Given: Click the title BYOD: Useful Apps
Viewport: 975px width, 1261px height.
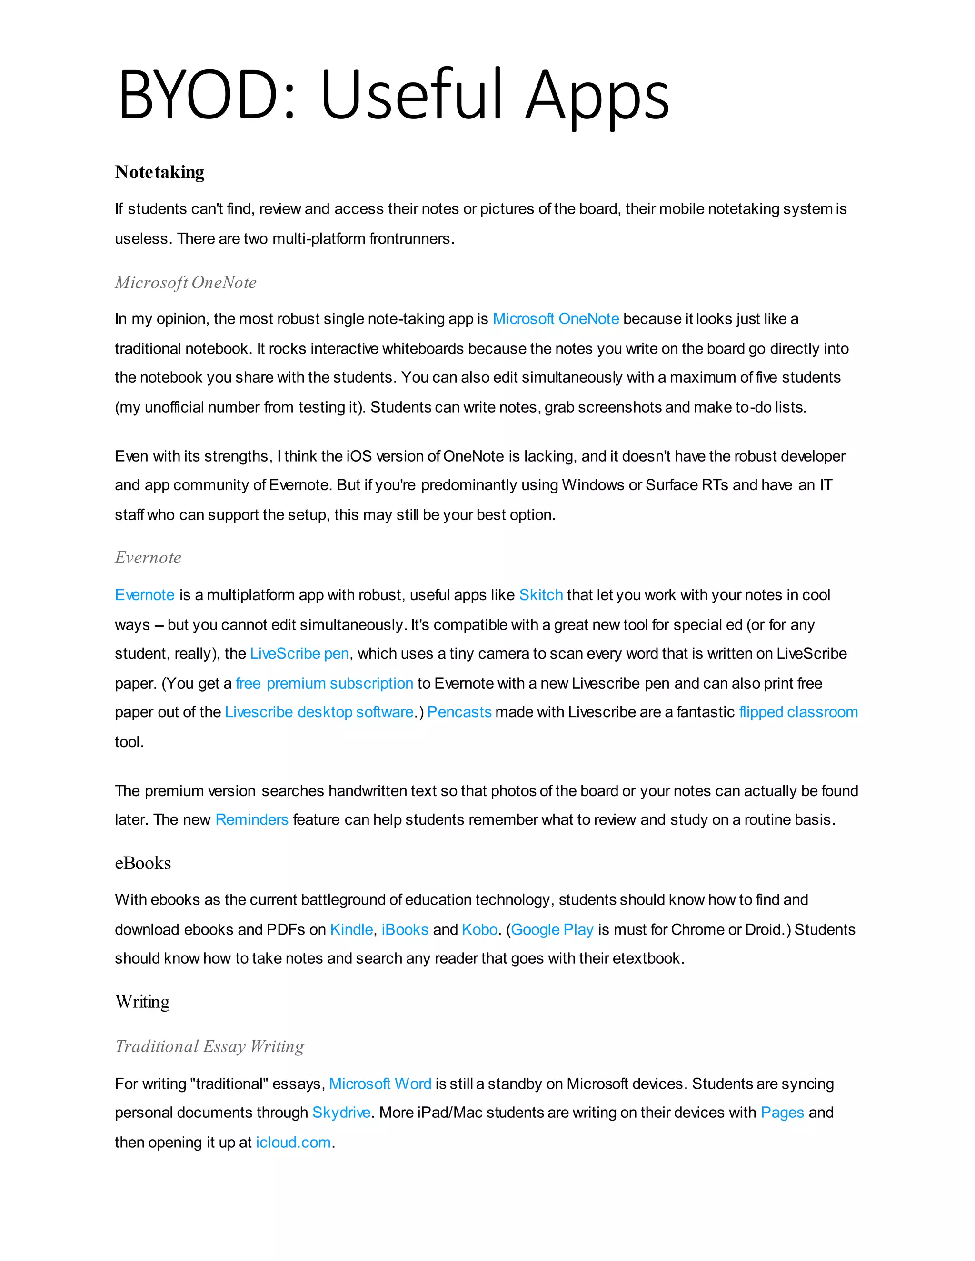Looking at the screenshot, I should (x=393, y=95).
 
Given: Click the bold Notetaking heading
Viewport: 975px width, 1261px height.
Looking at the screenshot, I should (x=159, y=172).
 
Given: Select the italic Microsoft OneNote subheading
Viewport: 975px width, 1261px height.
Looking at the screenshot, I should (x=185, y=282).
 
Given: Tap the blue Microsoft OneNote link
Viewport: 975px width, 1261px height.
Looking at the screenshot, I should (x=556, y=319).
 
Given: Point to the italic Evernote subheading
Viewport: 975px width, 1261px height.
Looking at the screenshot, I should (x=148, y=557).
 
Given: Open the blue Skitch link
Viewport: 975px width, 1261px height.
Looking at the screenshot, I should (x=541, y=595).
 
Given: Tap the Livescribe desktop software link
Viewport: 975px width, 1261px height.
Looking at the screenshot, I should (x=319, y=712).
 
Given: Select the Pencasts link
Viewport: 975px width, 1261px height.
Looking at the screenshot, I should (x=459, y=712).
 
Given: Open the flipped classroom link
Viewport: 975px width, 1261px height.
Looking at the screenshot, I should (x=798, y=712).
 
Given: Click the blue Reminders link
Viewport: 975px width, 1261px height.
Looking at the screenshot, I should (x=251, y=819).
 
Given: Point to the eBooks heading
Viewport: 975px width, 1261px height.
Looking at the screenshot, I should (x=143, y=863).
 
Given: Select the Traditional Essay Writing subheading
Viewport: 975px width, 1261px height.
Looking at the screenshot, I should (x=209, y=1046).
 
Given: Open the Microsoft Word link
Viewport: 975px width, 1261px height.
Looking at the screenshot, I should (x=380, y=1084).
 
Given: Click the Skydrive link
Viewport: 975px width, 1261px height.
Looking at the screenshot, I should (x=341, y=1113).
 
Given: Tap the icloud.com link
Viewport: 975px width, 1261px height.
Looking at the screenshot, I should (x=293, y=1142).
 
